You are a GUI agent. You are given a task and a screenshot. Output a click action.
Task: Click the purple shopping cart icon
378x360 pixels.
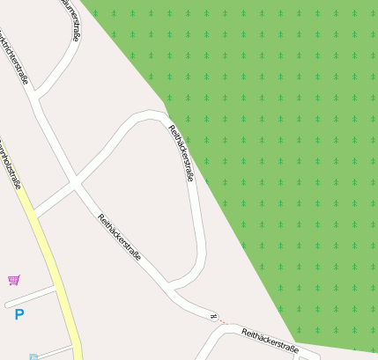click(x=14, y=280)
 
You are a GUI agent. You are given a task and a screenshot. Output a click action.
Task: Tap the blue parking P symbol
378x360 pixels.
click(x=19, y=314)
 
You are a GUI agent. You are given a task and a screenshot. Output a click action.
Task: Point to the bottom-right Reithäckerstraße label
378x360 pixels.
click(x=270, y=341)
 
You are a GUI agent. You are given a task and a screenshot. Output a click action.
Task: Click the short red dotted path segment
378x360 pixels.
click(x=223, y=320)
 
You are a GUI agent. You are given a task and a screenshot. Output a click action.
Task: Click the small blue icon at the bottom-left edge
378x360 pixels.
click(x=33, y=356)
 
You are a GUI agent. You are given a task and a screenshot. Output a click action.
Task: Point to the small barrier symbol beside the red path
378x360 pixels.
click(x=212, y=315)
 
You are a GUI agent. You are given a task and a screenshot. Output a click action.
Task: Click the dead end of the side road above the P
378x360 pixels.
click(x=7, y=305)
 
